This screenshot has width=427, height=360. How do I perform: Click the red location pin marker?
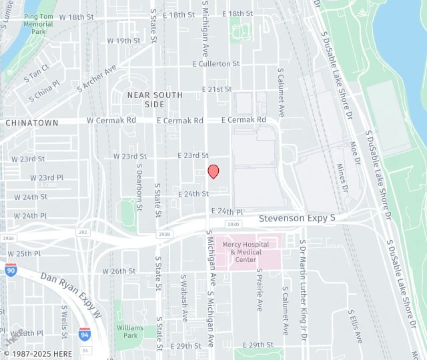[213, 171]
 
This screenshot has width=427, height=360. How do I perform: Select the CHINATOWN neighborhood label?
[31, 123]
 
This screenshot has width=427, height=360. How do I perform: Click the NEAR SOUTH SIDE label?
[145, 100]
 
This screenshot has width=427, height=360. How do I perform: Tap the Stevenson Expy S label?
[297, 218]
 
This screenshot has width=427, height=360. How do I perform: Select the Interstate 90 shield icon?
[11, 270]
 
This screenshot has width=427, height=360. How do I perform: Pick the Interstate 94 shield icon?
[84, 334]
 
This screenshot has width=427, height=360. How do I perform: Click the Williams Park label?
[129, 331]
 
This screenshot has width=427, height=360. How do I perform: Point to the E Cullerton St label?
[216, 64]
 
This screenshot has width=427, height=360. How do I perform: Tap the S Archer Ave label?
[97, 78]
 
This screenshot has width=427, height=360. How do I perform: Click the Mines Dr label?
[342, 178]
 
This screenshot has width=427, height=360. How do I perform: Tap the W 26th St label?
[119, 271]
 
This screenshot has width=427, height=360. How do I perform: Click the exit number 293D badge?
[233, 224]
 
